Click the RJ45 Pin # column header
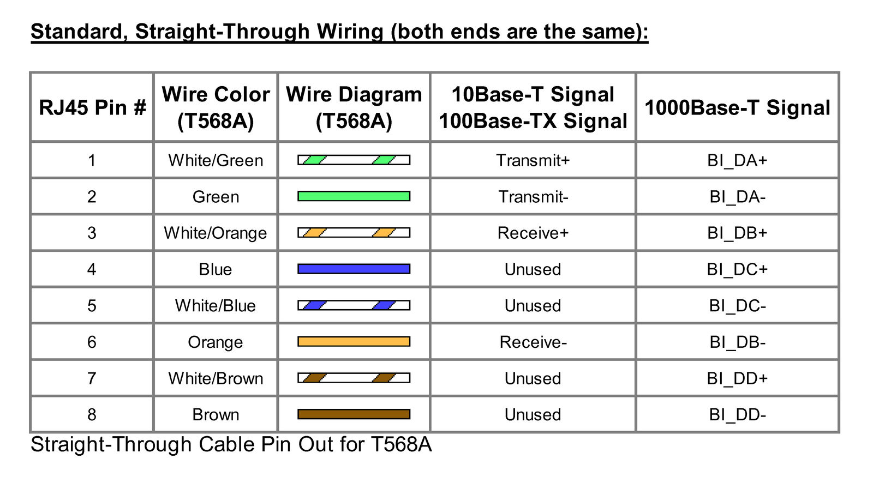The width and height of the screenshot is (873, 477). [x=92, y=107]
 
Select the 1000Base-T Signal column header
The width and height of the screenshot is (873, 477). [x=737, y=107]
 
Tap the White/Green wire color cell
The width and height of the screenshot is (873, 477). [x=216, y=160]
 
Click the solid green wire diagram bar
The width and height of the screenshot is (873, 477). [x=354, y=196]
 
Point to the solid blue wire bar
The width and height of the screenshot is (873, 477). [x=354, y=269]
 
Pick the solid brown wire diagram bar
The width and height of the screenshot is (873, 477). [x=354, y=414]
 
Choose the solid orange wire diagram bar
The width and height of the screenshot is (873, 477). [x=354, y=341]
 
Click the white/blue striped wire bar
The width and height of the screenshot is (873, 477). [x=354, y=305]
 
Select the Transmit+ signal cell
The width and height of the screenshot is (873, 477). [x=533, y=160]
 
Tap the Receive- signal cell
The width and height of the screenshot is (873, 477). [x=533, y=342]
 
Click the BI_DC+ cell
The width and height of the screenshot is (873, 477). [x=737, y=269]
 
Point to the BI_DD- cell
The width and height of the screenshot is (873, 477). [x=737, y=415]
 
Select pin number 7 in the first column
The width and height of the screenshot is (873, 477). [x=92, y=378]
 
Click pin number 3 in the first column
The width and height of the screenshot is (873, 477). [x=92, y=233]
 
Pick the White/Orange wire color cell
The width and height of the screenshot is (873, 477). [x=216, y=233]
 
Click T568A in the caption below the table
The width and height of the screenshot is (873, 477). [x=401, y=444]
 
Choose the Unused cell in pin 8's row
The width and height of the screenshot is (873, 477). [x=533, y=415]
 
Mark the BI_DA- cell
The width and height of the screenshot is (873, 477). [x=737, y=197]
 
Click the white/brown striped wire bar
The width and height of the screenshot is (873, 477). [x=354, y=378]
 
